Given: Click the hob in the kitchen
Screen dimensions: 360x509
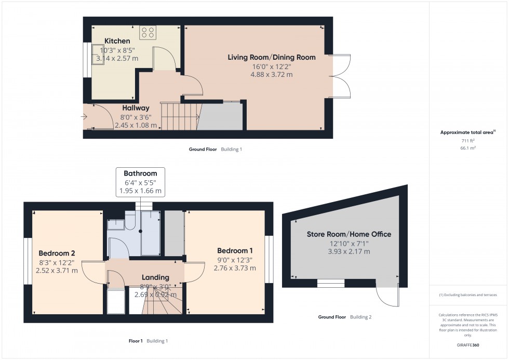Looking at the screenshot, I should pyautogui.click(x=148, y=33).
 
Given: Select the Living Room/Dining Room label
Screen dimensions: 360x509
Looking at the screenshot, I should pyautogui.click(x=271, y=57).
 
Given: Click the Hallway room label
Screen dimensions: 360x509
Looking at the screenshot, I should pyautogui.click(x=121, y=108).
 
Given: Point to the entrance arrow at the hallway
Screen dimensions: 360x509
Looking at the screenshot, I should pyautogui.click(x=85, y=117).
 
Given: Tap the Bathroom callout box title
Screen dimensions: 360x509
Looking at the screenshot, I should pyautogui.click(x=140, y=173).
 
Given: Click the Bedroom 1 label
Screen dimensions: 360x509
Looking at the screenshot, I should pyautogui.click(x=234, y=250).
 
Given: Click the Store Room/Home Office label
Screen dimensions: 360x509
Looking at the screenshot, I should pyautogui.click(x=349, y=234).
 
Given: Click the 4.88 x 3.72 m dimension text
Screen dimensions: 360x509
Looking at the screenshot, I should pyautogui.click(x=271, y=74).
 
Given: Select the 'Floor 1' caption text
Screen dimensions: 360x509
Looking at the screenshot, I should pyautogui.click(x=136, y=341).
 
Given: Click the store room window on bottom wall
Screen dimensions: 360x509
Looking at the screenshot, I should pyautogui.click(x=331, y=283).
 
